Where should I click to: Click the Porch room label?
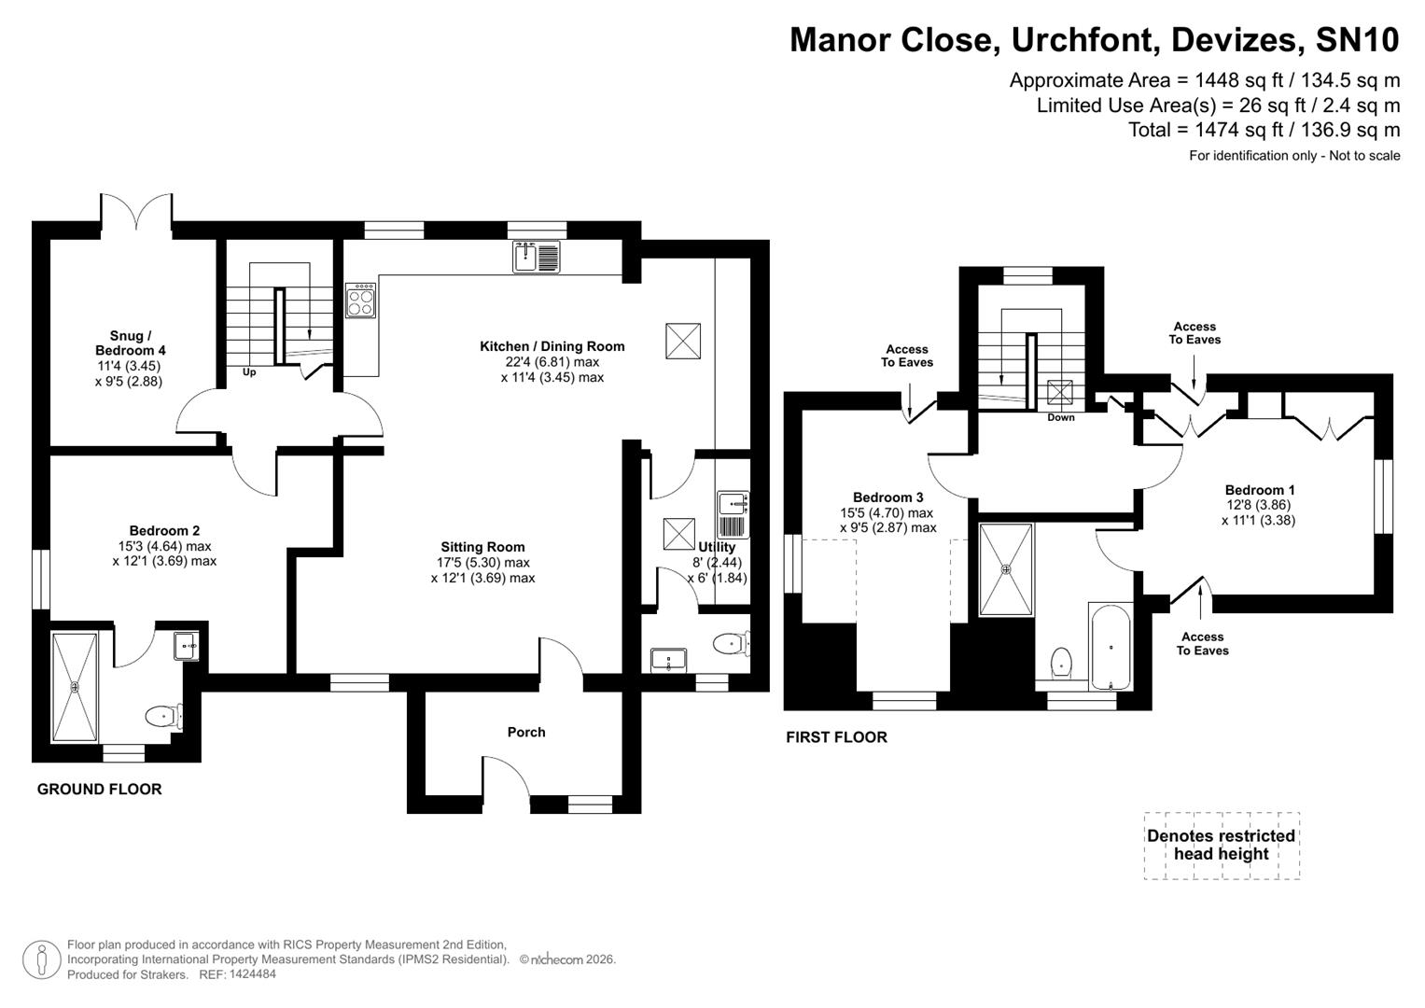click(x=526, y=733)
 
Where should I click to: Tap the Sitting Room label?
click(x=482, y=548)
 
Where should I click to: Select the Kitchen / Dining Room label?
click(x=552, y=346)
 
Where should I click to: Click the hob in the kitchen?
click(x=361, y=301)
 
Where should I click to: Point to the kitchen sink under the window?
click(x=537, y=257)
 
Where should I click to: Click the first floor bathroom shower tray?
click(x=1006, y=569)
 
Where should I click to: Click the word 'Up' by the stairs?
click(x=249, y=372)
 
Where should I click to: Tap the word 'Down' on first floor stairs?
click(x=1061, y=417)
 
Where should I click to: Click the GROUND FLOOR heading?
click(x=99, y=790)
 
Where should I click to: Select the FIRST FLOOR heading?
click(x=836, y=737)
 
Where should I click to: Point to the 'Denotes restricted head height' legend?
click(x=1221, y=846)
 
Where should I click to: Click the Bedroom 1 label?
click(x=1259, y=490)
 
